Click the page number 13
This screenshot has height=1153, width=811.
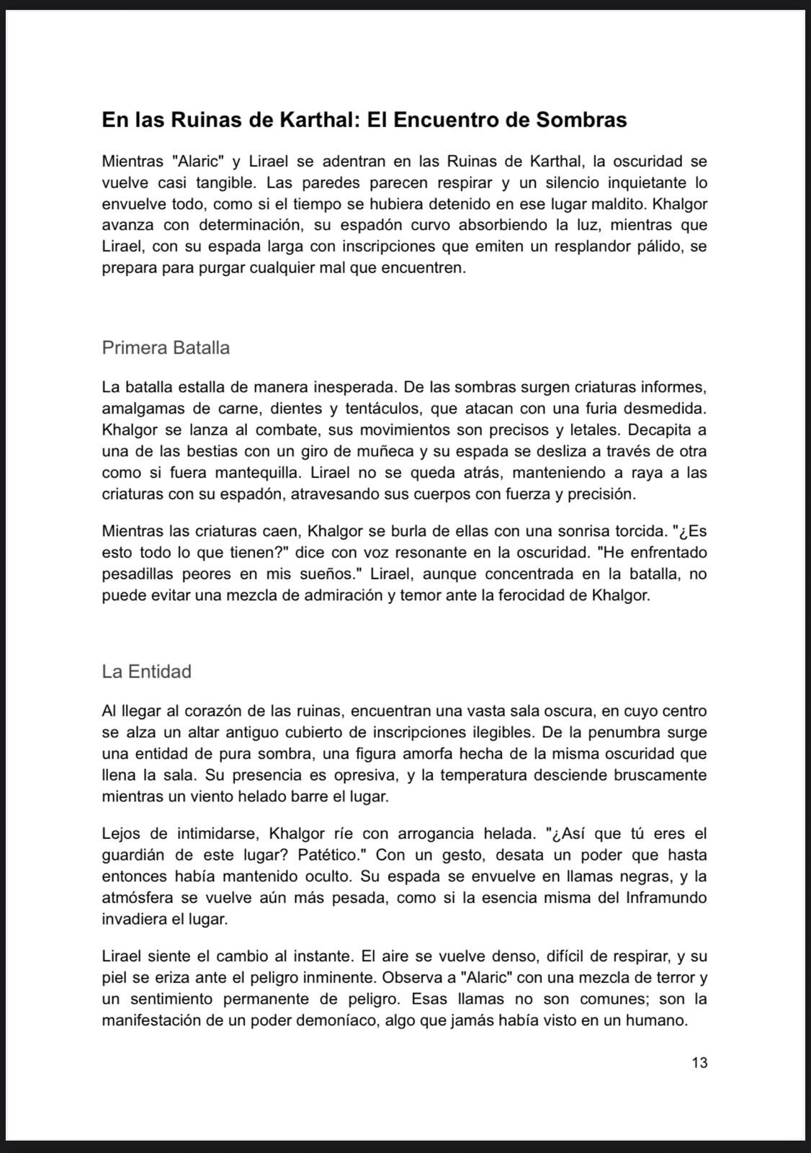(x=699, y=1062)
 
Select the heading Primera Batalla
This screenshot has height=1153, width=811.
(x=166, y=348)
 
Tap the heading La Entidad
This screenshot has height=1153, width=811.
(x=146, y=672)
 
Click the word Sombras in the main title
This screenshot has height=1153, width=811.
(x=581, y=120)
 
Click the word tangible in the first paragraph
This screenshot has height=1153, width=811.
(x=223, y=182)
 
